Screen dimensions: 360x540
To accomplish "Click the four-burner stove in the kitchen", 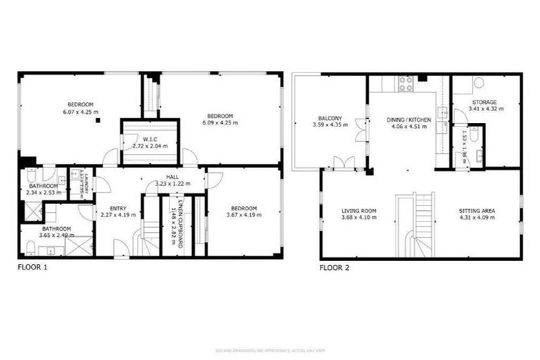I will (x=406, y=84).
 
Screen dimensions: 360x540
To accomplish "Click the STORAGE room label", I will (x=483, y=103).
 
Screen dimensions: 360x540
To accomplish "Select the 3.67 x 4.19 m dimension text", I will (x=244, y=215).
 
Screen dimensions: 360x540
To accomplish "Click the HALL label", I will (x=172, y=177).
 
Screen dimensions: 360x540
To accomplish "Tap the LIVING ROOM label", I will (x=359, y=210).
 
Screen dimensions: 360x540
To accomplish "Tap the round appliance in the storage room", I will (x=480, y=83).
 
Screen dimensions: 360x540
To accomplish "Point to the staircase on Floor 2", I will (x=416, y=225).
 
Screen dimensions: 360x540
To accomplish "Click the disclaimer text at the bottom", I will (x=269, y=349).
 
